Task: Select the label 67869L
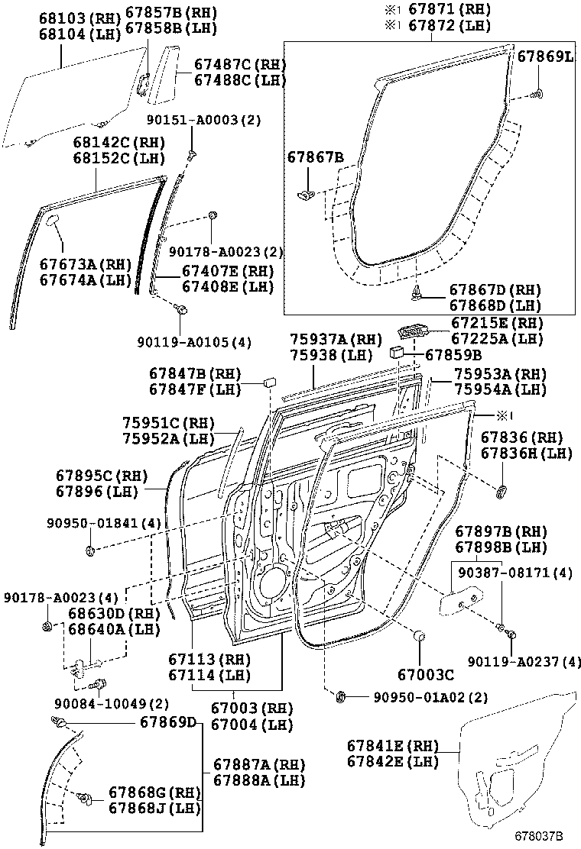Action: (544, 56)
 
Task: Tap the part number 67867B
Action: (315, 157)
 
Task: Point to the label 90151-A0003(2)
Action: (204, 120)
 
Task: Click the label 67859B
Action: (453, 354)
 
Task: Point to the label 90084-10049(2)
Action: (112, 703)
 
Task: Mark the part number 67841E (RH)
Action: (392, 745)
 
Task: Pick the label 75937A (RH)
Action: (335, 339)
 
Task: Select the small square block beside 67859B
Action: (398, 353)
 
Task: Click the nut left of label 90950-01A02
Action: (342, 696)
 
